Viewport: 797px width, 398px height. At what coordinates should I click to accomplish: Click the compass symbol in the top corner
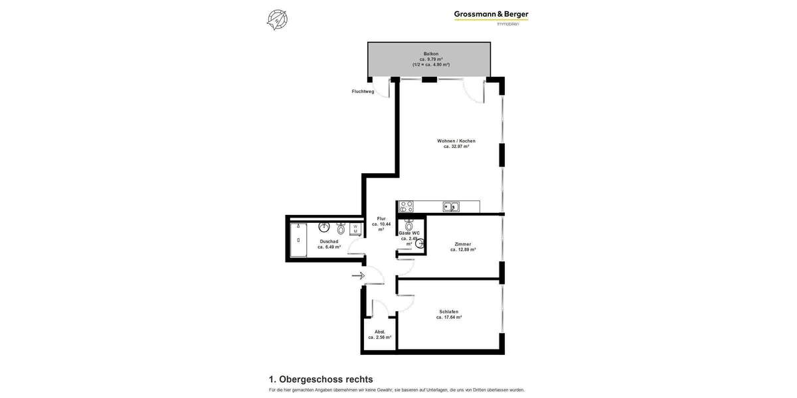277,19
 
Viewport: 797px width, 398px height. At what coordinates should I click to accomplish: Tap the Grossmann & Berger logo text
491,15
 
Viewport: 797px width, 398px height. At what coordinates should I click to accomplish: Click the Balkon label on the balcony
431,54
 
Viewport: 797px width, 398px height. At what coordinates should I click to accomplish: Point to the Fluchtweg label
363,92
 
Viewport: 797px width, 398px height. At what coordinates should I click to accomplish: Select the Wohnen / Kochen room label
456,141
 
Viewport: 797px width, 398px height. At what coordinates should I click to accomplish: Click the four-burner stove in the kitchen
406,206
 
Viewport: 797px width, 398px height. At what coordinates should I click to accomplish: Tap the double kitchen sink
451,207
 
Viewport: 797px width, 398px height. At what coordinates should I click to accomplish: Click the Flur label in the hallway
381,219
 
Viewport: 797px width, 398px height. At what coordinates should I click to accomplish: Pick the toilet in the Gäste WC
409,225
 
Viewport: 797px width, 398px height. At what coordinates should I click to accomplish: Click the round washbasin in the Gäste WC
420,243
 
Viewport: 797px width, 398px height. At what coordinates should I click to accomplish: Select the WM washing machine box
355,229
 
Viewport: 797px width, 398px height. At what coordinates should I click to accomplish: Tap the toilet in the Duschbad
341,229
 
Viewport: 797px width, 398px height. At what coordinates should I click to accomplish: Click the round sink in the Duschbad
324,227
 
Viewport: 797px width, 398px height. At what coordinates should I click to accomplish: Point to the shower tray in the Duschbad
298,240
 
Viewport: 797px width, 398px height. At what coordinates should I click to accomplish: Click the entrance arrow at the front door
358,275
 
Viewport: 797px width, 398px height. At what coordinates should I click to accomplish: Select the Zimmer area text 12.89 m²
463,249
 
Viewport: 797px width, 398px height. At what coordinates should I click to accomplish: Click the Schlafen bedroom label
449,312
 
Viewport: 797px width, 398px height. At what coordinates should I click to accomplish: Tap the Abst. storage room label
380,332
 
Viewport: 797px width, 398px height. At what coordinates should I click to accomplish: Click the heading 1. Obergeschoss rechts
321,379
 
